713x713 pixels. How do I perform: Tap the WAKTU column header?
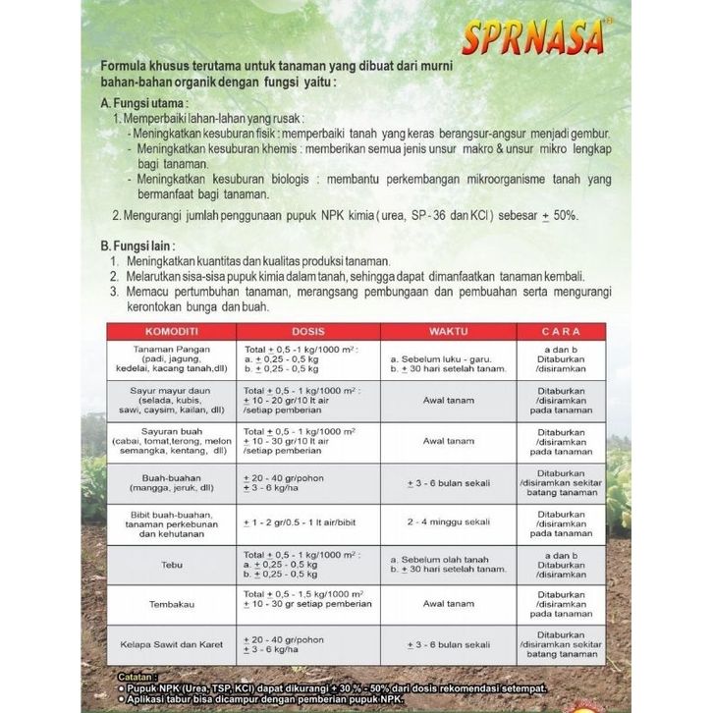pyautogui.click(x=447, y=330)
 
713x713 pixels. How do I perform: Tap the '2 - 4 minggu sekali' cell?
pyautogui.click(x=447, y=521)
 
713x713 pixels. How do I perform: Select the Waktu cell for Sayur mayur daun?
pyautogui.click(x=447, y=400)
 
